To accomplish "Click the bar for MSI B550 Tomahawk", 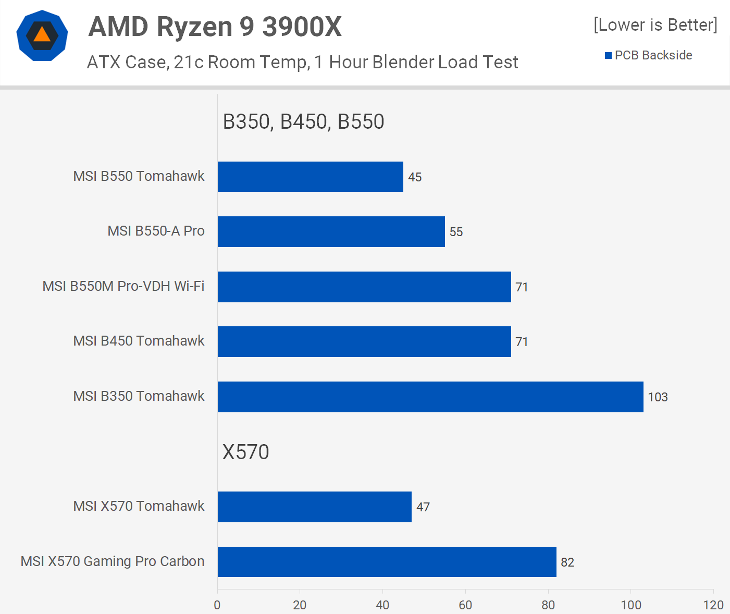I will (310, 177).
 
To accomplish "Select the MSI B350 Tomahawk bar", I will (430, 397).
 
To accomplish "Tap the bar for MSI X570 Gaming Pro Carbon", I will (387, 562).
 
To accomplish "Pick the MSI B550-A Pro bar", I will (331, 231).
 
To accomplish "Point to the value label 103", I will (658, 397).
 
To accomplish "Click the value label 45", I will (415, 177).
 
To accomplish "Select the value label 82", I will (567, 562).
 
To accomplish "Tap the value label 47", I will (423, 507).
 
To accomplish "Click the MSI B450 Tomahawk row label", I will (139, 341).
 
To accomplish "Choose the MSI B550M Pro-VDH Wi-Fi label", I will (123, 286).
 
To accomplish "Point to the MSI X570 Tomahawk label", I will (139, 506).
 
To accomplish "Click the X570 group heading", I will (245, 452).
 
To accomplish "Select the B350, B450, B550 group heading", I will (303, 121).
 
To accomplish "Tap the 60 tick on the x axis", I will (465, 605).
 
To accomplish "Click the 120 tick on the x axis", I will (713, 605).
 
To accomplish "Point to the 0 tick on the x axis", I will (217, 605).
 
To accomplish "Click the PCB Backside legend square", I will (608, 56).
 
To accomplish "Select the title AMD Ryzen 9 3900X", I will (215, 27).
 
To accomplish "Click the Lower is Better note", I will (655, 25).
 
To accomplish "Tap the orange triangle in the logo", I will (42, 35).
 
